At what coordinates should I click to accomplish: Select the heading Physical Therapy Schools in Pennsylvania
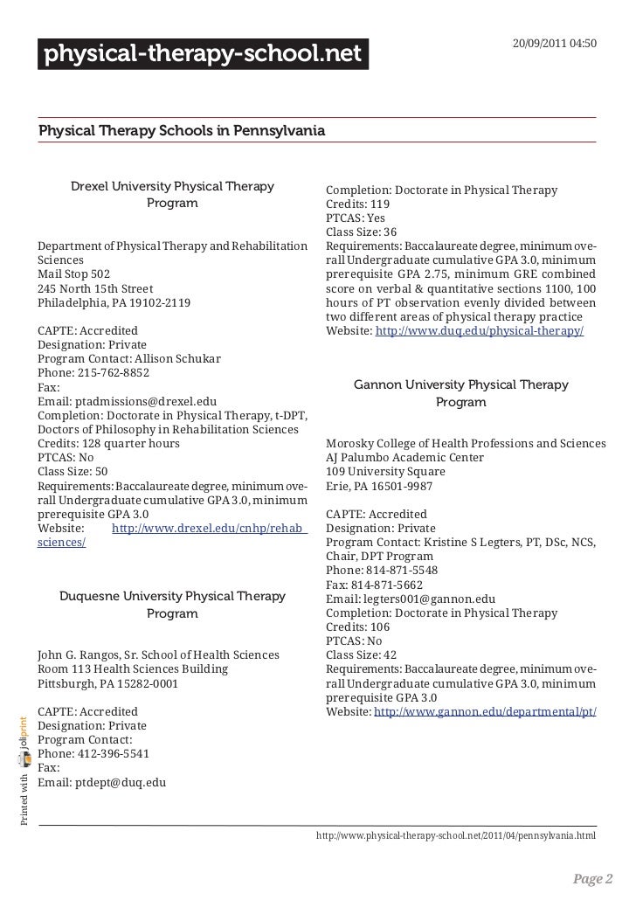[181, 131]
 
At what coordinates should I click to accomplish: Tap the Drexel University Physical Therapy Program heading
[172, 195]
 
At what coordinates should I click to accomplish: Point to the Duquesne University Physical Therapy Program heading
[172, 605]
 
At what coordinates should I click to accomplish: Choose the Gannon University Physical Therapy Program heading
[460, 393]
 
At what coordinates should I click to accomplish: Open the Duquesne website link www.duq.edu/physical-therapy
[479, 333]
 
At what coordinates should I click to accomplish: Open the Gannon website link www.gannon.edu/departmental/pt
[485, 712]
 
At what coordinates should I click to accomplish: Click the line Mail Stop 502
[74, 273]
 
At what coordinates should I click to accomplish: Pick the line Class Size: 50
[73, 471]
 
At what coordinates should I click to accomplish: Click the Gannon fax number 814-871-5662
[386, 585]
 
